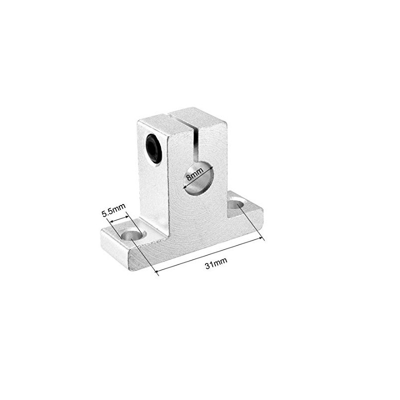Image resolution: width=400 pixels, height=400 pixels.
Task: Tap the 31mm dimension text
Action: (x=213, y=265)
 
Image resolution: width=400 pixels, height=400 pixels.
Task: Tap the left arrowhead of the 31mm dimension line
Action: (x=159, y=272)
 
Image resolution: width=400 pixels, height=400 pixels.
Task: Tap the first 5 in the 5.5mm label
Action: (x=104, y=212)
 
